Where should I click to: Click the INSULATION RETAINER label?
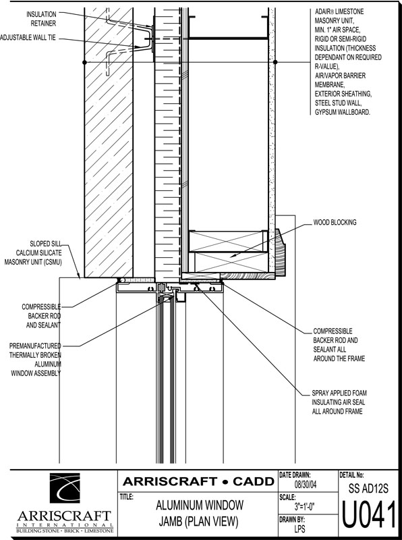coord(41,19)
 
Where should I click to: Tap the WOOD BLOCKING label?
coord(335,223)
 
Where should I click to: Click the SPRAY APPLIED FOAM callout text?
coord(339,393)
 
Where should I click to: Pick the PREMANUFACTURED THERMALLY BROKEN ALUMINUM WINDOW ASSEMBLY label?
coord(36,360)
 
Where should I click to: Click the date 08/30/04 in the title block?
coord(306,485)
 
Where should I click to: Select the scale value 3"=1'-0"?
coord(305,507)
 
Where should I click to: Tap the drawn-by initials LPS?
coord(299,529)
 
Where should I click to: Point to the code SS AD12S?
coord(368,489)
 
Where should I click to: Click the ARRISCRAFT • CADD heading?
coord(198,481)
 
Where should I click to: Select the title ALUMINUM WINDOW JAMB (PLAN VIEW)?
coord(199,514)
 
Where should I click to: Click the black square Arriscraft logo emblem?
coord(65,487)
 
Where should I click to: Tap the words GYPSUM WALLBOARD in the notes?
coord(343,112)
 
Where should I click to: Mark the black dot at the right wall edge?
coord(275,62)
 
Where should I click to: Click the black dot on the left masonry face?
coord(85,62)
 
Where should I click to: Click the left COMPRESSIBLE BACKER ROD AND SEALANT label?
coord(41,316)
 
